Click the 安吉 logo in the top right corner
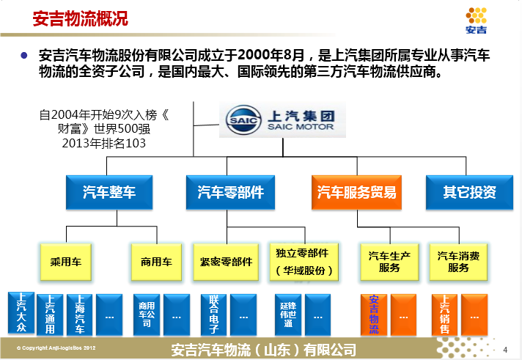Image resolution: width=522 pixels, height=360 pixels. (x=477, y=20)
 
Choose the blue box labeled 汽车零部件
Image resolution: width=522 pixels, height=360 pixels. (x=230, y=193)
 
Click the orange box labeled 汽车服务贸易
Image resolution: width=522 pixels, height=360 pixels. (x=356, y=193)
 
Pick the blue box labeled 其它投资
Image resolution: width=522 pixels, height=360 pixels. (x=469, y=193)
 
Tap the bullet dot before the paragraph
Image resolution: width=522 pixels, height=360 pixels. (x=24, y=55)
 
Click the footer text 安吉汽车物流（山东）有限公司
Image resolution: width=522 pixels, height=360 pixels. (x=262, y=350)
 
